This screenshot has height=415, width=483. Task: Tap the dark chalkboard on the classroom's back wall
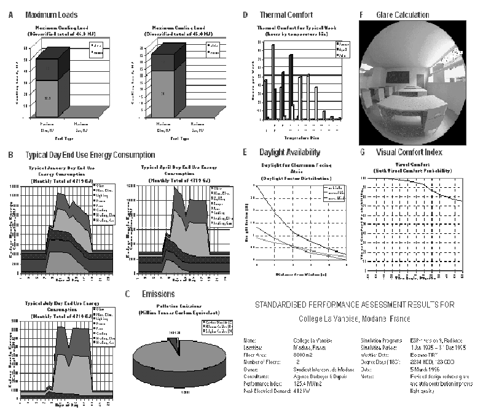click(x=402, y=77)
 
